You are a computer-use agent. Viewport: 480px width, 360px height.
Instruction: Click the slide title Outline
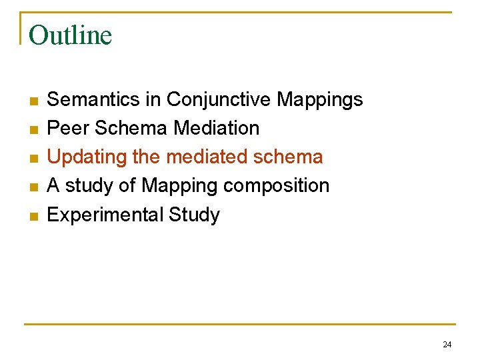(71, 35)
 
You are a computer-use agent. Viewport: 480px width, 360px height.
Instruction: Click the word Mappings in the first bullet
(320, 99)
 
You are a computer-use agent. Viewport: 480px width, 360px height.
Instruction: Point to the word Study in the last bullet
(194, 215)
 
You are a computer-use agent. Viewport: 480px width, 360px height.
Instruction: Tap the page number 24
(447, 345)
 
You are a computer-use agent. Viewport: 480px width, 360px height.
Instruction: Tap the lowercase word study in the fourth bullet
(87, 186)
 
